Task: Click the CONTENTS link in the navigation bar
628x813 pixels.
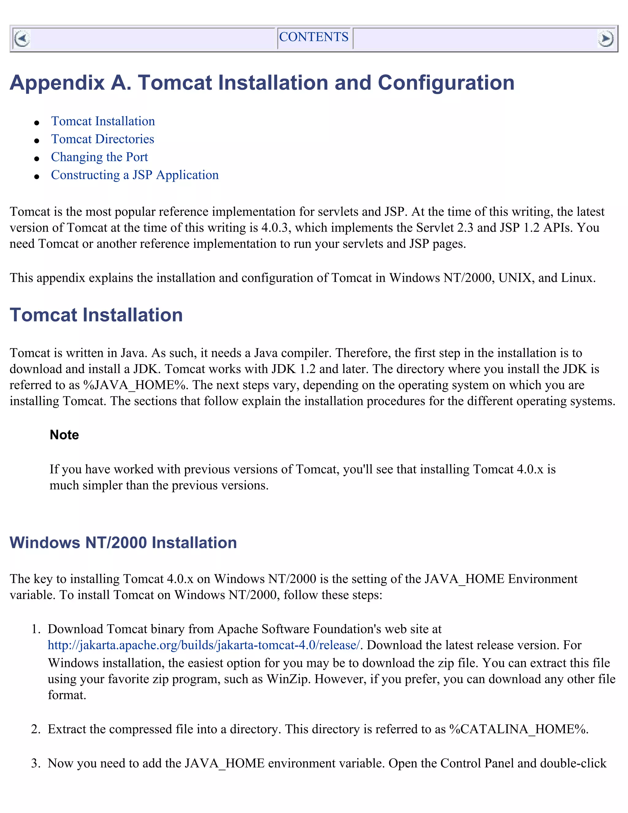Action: click(x=314, y=37)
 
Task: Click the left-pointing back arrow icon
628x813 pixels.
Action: click(x=21, y=38)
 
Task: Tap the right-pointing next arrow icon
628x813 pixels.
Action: click(x=605, y=38)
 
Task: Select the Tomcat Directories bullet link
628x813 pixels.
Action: click(x=102, y=139)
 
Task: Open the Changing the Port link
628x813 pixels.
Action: click(x=99, y=157)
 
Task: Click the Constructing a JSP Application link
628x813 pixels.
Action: click(x=135, y=175)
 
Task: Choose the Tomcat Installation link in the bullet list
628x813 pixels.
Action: click(x=103, y=121)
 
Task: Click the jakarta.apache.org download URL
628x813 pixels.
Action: click(x=204, y=645)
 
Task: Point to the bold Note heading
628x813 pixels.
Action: click(x=64, y=434)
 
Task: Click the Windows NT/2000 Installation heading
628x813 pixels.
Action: click(x=123, y=542)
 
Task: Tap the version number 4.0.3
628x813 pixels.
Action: click(x=274, y=227)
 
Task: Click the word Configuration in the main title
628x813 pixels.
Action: click(x=446, y=83)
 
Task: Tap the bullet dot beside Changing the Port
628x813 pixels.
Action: click(x=36, y=158)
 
